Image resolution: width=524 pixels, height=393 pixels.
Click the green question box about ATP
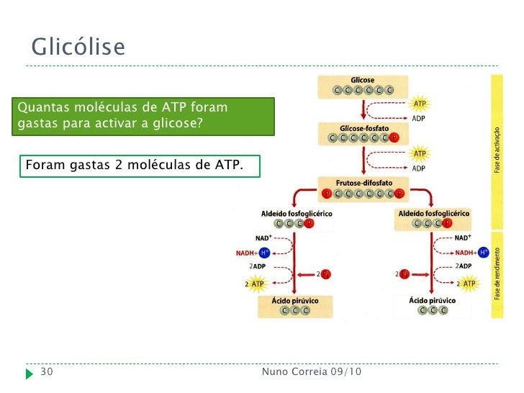tap(147, 116)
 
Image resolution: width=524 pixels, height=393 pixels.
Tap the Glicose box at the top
tap(363, 86)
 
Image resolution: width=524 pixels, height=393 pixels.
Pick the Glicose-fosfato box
tap(363, 132)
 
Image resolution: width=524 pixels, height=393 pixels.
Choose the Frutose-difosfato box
tap(363, 188)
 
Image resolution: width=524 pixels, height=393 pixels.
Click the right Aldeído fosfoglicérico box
tap(433, 218)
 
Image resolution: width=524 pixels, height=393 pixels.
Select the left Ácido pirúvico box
tap(295, 305)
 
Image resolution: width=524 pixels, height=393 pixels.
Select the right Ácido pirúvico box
tap(428, 305)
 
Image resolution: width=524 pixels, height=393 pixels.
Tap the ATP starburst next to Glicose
tap(420, 104)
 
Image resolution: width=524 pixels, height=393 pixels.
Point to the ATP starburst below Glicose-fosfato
tap(420, 153)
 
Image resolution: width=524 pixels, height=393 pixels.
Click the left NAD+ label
tap(263, 238)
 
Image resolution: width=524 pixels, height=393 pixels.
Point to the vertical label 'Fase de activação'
tap(496, 149)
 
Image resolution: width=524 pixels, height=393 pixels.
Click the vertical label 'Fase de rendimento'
tap(496, 274)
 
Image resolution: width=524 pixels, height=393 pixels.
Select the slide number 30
tap(47, 371)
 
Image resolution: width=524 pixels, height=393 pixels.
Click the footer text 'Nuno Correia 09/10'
tap(312, 371)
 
